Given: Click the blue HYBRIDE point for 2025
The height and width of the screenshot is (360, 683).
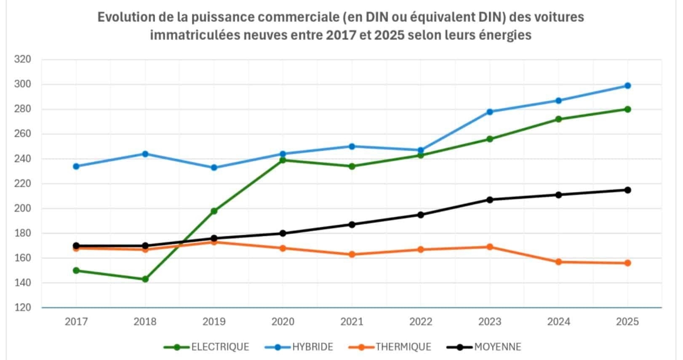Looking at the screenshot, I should point(627,85).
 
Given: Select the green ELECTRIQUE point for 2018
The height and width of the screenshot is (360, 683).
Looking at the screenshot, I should point(145,279).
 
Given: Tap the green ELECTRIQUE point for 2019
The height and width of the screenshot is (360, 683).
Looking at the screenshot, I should point(214,211).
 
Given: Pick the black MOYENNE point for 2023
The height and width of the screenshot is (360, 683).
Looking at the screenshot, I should point(490,200).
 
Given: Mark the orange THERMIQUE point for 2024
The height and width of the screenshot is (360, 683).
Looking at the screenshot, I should point(559,262).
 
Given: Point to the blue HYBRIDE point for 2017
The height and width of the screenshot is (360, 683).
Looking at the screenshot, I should point(76,166).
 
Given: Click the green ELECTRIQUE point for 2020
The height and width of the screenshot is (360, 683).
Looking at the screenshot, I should point(283,160).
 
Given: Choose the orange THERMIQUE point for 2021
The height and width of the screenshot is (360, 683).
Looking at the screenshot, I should point(352,254).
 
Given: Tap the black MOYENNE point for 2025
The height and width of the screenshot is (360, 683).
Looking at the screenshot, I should point(627,190).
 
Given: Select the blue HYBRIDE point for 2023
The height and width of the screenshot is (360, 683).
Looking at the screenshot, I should point(490,112).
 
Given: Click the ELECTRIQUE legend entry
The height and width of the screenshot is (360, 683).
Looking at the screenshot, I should point(206,347).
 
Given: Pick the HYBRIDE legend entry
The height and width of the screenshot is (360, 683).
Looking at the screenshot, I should point(299,347).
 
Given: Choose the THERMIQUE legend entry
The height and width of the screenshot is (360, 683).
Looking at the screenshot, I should point(390,347).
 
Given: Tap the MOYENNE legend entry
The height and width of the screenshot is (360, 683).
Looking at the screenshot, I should point(484,347).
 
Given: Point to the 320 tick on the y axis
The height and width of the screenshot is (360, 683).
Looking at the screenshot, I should point(23,59).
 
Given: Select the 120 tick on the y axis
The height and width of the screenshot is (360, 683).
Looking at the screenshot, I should point(23,308).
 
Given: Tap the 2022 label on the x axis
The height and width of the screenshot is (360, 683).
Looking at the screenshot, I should point(421,322).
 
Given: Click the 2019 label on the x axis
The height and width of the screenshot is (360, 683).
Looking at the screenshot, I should point(214,322).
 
